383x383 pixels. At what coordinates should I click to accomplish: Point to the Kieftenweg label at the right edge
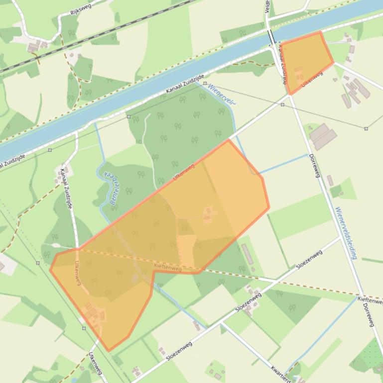(x=370, y=300)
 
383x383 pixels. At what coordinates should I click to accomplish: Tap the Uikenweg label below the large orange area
(x=95, y=364)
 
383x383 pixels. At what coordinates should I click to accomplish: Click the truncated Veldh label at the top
(x=267, y=6)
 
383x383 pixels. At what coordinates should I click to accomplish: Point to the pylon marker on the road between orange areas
(x=282, y=105)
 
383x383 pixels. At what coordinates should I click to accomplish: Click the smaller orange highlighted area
(x=307, y=60)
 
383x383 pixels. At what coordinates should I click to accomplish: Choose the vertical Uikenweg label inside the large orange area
(x=78, y=273)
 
